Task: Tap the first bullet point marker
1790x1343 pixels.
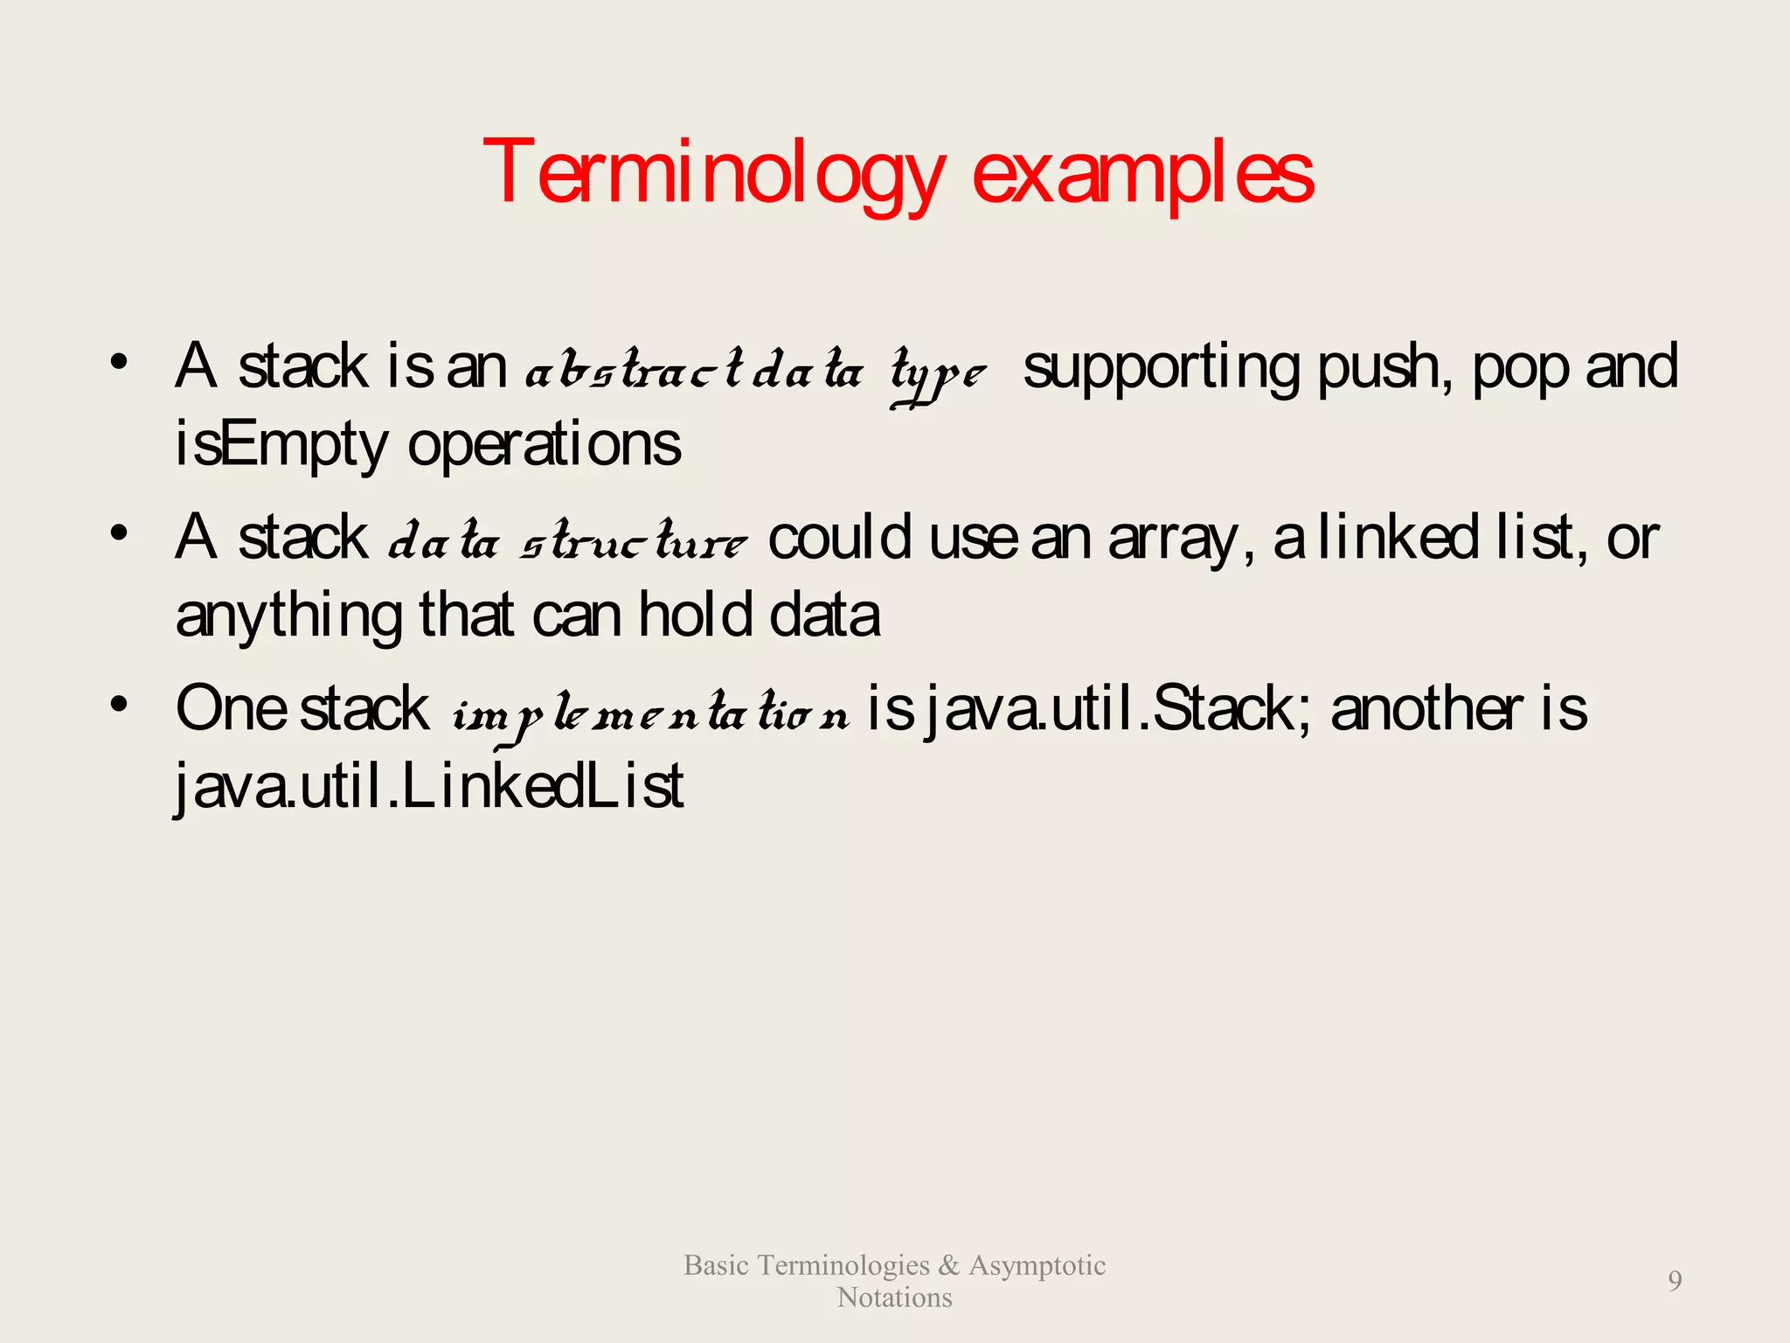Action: pyautogui.click(x=120, y=361)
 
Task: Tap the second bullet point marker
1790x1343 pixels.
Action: pyautogui.click(x=120, y=532)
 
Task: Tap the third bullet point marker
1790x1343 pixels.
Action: pyautogui.click(x=120, y=704)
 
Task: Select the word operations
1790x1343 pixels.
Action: pyautogui.click(x=544, y=444)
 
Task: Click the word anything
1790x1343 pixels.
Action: pyautogui.click(x=288, y=616)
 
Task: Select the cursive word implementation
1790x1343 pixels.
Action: pyautogui.click(x=650, y=715)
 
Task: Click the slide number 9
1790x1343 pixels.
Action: pyautogui.click(x=1674, y=1281)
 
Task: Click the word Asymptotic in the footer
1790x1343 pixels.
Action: pyautogui.click(x=1037, y=1265)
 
